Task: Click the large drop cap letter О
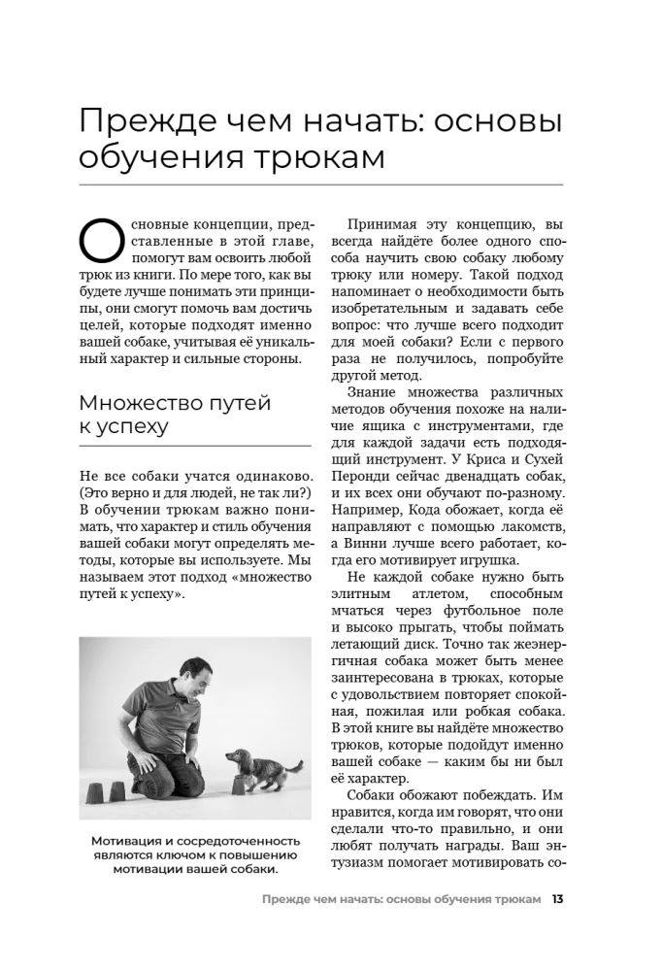coord(101,240)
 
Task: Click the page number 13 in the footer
coord(557,898)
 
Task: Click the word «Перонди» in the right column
coord(364,470)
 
